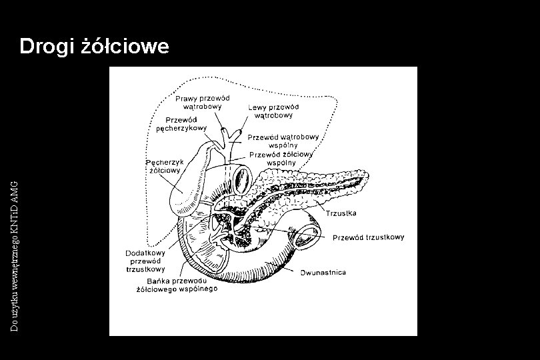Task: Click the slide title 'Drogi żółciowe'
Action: [x=95, y=47]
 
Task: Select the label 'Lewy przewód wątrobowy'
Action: [x=273, y=111]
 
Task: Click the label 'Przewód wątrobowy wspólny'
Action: [x=283, y=141]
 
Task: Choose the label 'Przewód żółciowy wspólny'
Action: [x=281, y=158]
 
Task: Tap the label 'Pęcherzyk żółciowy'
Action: [x=163, y=166]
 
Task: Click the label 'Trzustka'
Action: [x=341, y=213]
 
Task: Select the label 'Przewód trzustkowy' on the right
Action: [x=368, y=237]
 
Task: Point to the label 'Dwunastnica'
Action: [x=323, y=273]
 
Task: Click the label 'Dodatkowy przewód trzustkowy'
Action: [x=145, y=261]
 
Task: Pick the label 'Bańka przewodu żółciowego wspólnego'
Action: [x=177, y=285]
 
